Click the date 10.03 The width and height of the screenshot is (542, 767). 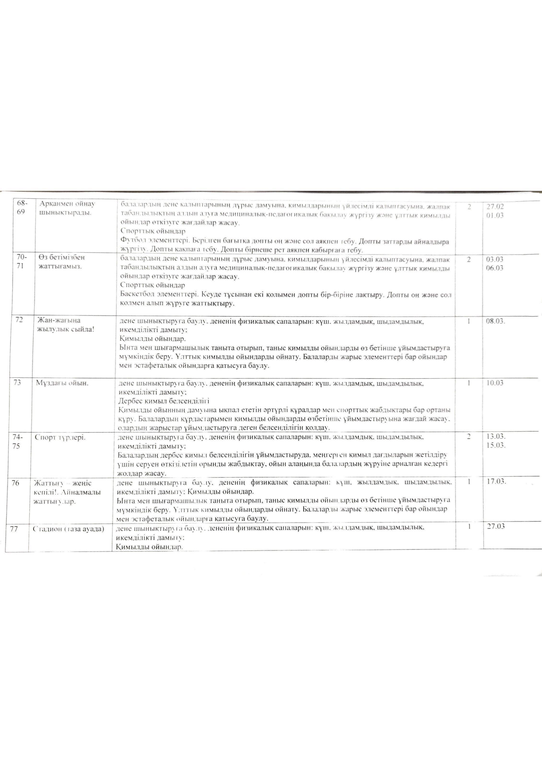(495, 383)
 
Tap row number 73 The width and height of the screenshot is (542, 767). (17, 383)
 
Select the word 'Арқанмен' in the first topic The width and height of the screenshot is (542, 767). (52, 204)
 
